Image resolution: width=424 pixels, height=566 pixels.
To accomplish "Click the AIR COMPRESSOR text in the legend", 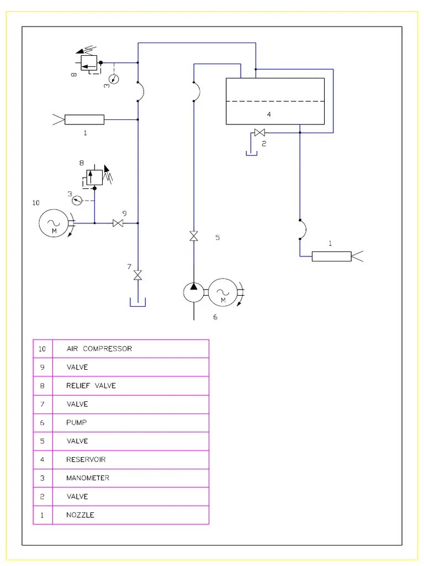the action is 99,349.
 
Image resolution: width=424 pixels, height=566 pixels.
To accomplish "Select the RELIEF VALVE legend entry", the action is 91,385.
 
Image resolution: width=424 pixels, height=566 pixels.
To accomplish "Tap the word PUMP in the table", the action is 76,422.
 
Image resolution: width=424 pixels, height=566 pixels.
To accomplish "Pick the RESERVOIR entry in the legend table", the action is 86,459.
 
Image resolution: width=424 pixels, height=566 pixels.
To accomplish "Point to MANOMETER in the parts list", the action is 88,478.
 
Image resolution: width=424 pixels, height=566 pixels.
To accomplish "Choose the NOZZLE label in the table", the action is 80,515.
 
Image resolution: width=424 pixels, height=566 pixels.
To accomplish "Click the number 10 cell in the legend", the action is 42,349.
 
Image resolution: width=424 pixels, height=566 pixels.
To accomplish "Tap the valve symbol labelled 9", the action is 118,223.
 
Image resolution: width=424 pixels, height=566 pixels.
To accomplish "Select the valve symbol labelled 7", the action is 137,275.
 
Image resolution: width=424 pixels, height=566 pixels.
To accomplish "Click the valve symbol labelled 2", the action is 259,133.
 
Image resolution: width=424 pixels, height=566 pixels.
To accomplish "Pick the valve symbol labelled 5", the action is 194,237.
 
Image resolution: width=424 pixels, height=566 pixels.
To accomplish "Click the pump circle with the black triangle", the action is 194,293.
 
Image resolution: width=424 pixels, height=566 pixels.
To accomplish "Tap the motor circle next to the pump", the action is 223,293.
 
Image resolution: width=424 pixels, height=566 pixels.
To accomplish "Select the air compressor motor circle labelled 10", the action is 54,223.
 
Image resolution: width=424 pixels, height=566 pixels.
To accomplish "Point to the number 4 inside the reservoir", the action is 269,114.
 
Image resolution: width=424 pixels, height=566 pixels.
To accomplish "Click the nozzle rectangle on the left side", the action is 84,119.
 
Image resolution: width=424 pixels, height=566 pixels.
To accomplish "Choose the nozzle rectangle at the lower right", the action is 332,256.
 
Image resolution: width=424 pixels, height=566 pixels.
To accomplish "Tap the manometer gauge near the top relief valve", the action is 114,78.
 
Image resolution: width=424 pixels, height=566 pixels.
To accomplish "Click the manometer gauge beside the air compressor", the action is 77,200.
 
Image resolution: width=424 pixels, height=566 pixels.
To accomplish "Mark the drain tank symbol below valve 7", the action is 137,302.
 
